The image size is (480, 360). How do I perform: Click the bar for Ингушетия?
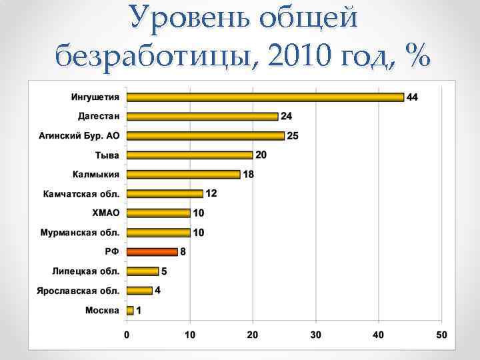tap(265, 97)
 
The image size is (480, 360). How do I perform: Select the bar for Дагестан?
tap(202, 116)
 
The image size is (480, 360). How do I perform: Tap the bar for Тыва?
tap(189, 155)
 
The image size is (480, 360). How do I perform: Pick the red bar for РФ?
tap(152, 252)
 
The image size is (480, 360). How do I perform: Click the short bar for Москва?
tap(130, 310)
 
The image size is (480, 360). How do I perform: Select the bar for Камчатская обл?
tap(165, 194)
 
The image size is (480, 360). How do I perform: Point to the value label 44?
tap(412, 97)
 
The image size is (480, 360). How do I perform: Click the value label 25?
tap(293, 136)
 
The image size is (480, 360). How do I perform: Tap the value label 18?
tap(248, 175)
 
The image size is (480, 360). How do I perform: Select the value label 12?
tap(211, 193)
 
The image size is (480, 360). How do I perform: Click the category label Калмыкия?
tap(96, 175)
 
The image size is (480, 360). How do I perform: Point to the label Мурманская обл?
tap(80, 233)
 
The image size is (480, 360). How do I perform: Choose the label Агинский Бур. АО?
tap(79, 136)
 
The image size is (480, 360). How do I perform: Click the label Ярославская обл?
tap(79, 291)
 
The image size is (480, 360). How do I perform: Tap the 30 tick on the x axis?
tap(315, 334)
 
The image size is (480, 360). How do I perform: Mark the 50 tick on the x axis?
tap(441, 334)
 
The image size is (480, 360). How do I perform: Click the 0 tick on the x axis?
tap(127, 334)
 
